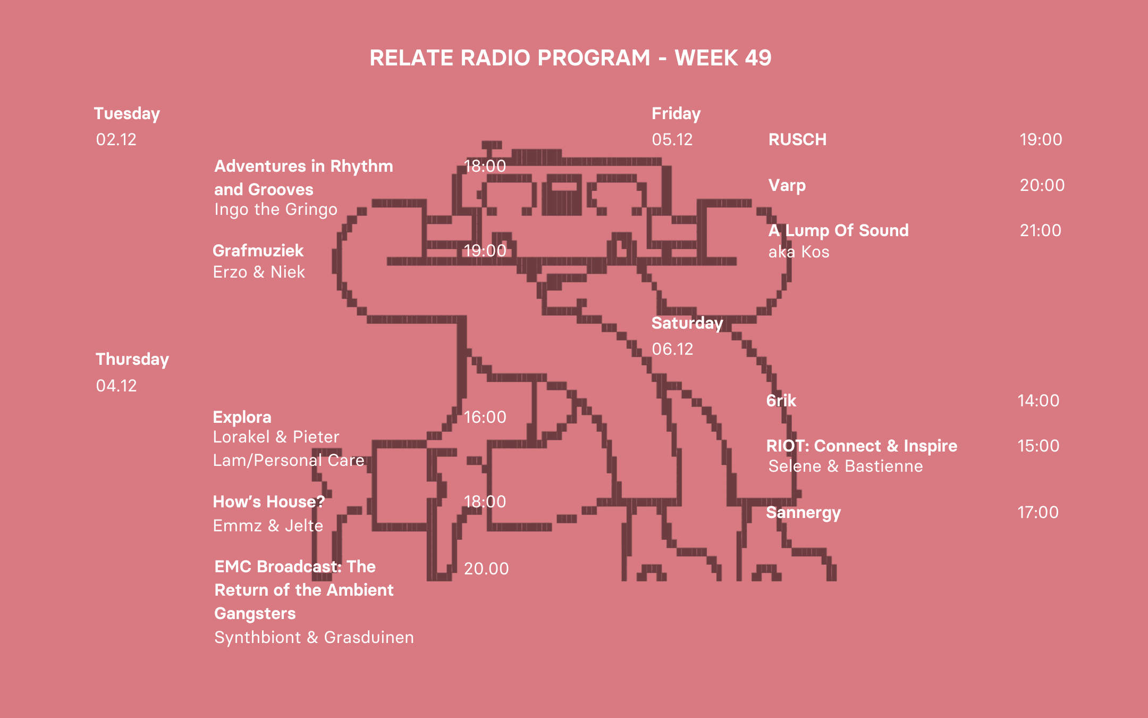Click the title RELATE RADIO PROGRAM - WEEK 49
[x=570, y=58]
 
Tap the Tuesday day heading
[x=127, y=114]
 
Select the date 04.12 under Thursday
[x=116, y=386]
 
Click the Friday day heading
[x=676, y=114]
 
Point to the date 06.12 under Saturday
[x=672, y=349]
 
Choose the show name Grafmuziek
[x=258, y=251]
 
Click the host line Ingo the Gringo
[x=276, y=210]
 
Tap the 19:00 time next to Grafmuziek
[x=485, y=251]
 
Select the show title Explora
[x=242, y=417]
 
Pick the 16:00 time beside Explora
[x=485, y=417]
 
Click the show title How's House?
[x=268, y=502]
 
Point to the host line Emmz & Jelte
[x=268, y=525]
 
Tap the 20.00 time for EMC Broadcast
[x=486, y=569]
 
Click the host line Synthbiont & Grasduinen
[x=314, y=637]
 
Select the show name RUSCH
[x=797, y=139]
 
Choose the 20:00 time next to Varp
[x=1042, y=185]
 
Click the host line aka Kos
[x=799, y=252]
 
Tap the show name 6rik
[x=781, y=400]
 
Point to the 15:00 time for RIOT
[x=1038, y=446]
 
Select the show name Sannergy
[x=803, y=513]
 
